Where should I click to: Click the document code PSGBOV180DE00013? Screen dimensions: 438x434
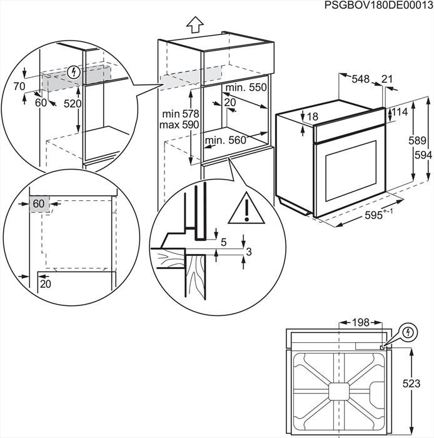point(378,6)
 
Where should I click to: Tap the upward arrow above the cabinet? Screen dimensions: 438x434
point(195,25)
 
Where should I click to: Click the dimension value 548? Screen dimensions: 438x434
point(360,79)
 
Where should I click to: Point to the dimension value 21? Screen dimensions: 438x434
point(387,79)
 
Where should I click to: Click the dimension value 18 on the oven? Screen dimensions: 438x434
point(313,117)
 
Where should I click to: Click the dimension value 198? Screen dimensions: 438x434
point(360,323)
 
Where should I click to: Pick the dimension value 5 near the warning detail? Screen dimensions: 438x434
point(223,241)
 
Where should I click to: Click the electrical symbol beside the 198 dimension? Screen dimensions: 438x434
point(408,330)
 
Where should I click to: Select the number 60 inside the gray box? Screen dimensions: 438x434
point(39,203)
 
